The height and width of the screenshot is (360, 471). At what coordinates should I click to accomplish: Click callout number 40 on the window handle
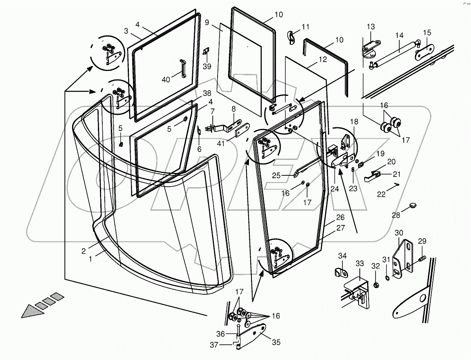coord(166,80)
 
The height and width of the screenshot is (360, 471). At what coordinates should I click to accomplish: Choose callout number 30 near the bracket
coord(398,233)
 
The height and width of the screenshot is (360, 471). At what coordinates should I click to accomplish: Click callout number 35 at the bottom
coord(276,343)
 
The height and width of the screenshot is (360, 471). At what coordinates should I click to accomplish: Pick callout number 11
coord(305,27)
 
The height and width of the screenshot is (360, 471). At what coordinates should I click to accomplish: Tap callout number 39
coord(207,66)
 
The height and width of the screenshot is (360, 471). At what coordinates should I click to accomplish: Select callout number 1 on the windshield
coord(90,259)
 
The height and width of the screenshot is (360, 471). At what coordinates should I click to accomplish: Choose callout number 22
coord(381,194)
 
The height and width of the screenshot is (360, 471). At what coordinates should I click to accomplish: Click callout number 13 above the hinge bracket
coord(371,27)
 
